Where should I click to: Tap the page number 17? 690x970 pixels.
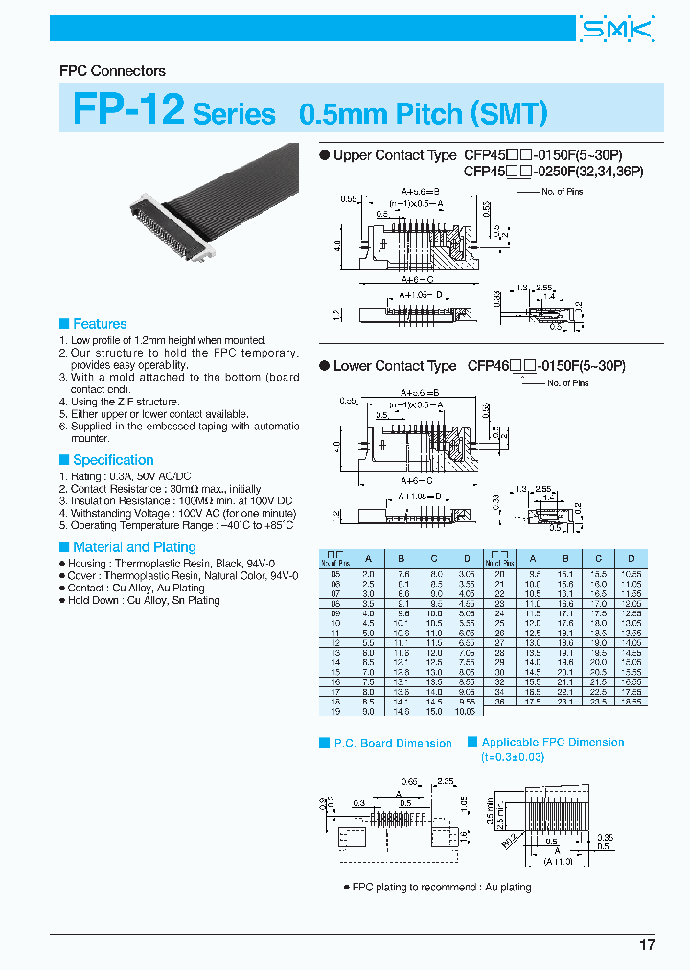coord(647,945)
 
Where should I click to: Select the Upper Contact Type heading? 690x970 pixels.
coord(394,155)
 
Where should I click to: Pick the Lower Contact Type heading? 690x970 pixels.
coord(394,366)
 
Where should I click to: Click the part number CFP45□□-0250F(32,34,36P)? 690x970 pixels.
coord(553,172)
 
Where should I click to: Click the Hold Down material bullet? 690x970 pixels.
coord(142,600)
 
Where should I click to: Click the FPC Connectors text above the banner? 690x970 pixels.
coord(112,71)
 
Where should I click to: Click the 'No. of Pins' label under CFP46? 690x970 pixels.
coord(568,383)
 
